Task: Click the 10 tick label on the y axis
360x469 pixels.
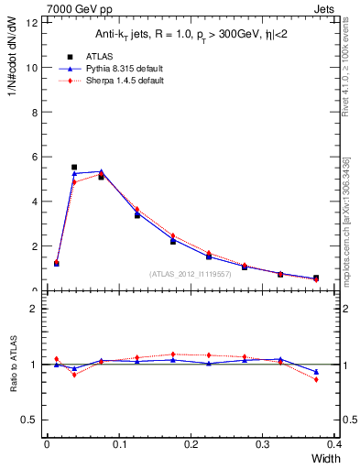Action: pyautogui.click(x=32, y=68)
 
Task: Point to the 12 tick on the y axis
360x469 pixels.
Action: pyautogui.click(x=32, y=23)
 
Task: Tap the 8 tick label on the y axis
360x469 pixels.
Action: pyautogui.click(x=35, y=113)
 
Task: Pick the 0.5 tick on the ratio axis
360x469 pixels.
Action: pyautogui.click(x=30, y=420)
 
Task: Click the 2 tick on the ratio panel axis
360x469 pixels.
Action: pyautogui.click(x=35, y=309)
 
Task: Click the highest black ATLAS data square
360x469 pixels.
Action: pyautogui.click(x=74, y=168)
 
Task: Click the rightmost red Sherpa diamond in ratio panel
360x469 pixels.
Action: pyautogui.click(x=316, y=379)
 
